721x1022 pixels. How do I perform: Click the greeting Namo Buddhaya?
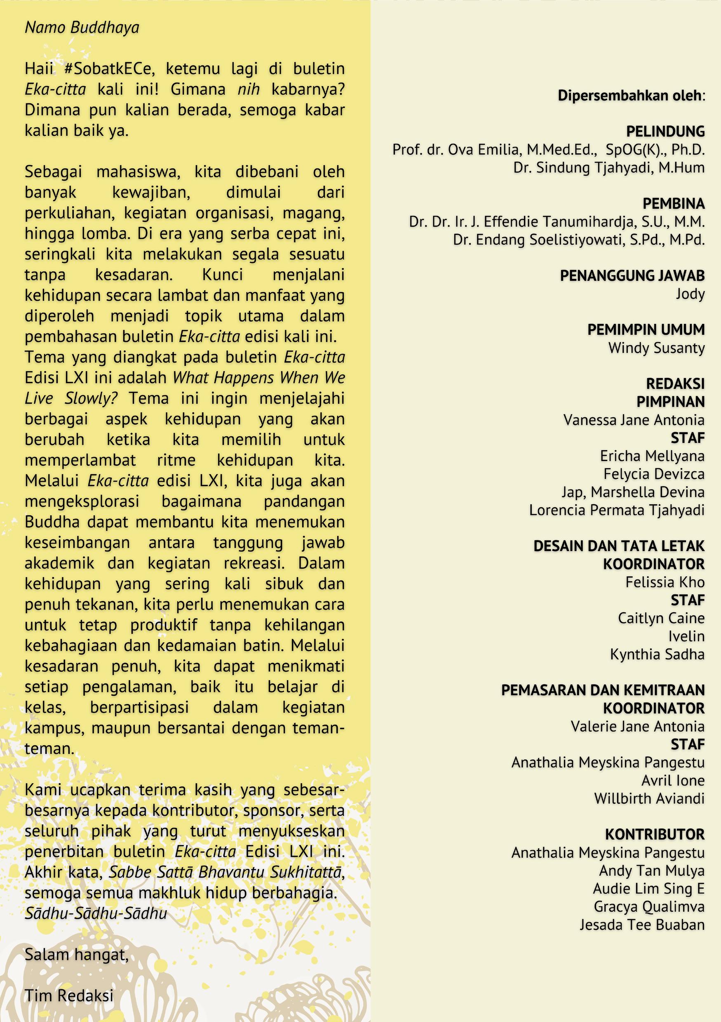pyautogui.click(x=82, y=28)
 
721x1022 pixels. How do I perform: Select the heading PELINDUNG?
pyautogui.click(x=665, y=131)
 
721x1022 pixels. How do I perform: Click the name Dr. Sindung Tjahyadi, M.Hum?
pyautogui.click(x=609, y=167)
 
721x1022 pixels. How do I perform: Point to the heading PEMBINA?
pyautogui.click(x=673, y=203)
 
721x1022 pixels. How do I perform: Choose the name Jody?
pyautogui.click(x=690, y=294)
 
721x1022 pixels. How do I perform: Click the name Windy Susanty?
pyautogui.click(x=656, y=348)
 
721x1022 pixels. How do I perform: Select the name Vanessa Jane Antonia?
pyautogui.click(x=634, y=420)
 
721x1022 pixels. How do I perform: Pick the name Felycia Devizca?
pyautogui.click(x=654, y=474)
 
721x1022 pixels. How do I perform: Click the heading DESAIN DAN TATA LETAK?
pyautogui.click(x=619, y=546)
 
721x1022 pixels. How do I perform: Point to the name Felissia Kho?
pyautogui.click(x=665, y=582)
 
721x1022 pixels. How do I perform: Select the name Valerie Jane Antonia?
pyautogui.click(x=638, y=726)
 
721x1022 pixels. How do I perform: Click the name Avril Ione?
pyautogui.click(x=673, y=780)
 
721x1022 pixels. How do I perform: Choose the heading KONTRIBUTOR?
pyautogui.click(x=655, y=834)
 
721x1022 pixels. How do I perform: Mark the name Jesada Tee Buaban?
pyautogui.click(x=642, y=924)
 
